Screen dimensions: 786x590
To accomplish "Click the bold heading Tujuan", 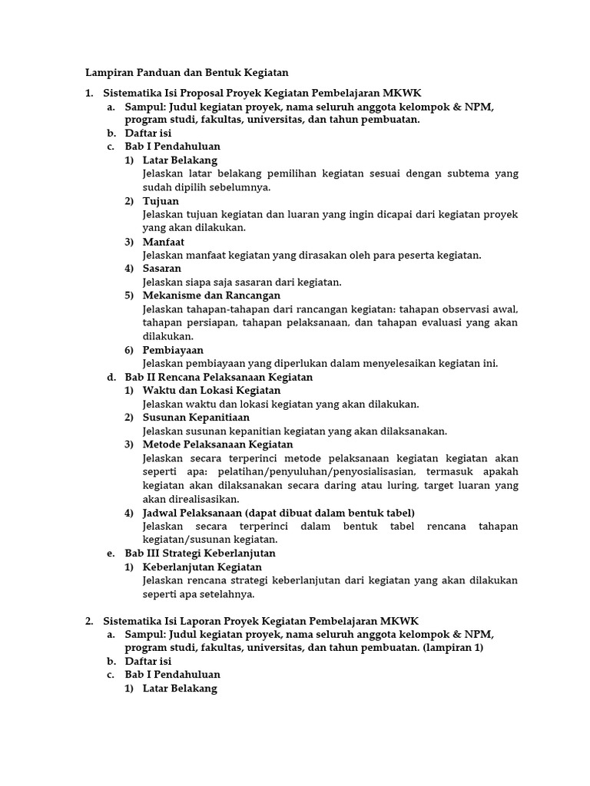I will [x=161, y=201].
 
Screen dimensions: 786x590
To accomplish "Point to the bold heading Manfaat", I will [x=164, y=242].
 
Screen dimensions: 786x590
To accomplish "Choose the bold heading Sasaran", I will [x=162, y=269].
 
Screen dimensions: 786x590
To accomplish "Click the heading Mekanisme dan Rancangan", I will [x=211, y=296].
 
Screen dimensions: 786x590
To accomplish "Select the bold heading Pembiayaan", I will [x=173, y=350].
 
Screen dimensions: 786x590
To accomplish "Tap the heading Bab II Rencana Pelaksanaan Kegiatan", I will [x=219, y=377].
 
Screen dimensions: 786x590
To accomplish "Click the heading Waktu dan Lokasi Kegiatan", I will [x=201, y=391].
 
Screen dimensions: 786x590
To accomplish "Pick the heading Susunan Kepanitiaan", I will [x=196, y=418].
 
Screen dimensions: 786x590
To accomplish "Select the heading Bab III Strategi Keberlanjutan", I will [x=200, y=553].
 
